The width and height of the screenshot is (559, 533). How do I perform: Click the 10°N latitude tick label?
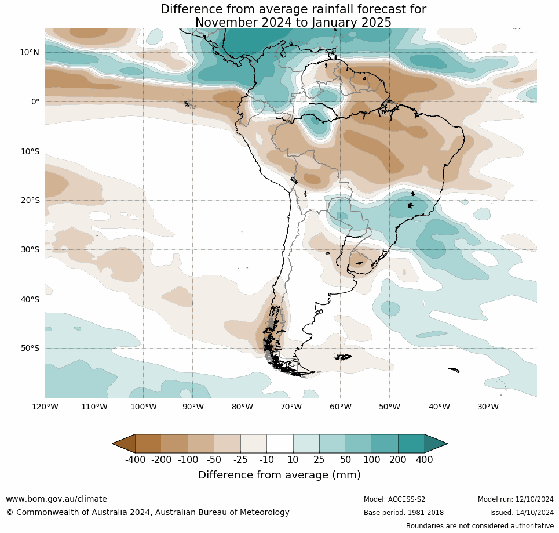click(x=30, y=52)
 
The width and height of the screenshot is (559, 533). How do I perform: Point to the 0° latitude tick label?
click(x=35, y=101)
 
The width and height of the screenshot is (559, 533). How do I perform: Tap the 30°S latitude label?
click(x=30, y=249)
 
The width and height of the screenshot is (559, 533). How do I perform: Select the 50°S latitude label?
click(x=30, y=348)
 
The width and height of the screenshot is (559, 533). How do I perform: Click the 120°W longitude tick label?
click(x=45, y=407)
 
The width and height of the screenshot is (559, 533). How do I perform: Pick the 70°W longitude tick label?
click(x=291, y=407)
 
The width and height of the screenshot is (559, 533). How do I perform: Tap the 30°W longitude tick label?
click(x=488, y=407)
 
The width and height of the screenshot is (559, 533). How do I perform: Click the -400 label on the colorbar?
click(x=135, y=460)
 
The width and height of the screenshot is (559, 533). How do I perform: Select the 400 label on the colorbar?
click(x=424, y=460)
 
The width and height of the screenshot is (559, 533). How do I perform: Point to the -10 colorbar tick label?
click(x=266, y=460)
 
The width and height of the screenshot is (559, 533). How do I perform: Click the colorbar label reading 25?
click(x=319, y=460)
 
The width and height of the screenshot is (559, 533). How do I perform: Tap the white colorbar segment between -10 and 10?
click(x=280, y=444)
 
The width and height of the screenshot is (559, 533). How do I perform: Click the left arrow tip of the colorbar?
click(x=114, y=444)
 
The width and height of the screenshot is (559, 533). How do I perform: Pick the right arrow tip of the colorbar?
click(x=446, y=444)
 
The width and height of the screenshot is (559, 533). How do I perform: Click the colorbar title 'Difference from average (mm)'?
click(x=279, y=475)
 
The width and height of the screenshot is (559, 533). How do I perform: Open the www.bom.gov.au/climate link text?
click(x=56, y=499)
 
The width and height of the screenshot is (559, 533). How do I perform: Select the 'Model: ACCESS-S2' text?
click(x=394, y=499)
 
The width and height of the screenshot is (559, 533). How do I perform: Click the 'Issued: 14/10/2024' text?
click(x=521, y=513)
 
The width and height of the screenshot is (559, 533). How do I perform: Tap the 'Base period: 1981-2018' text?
click(x=403, y=513)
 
